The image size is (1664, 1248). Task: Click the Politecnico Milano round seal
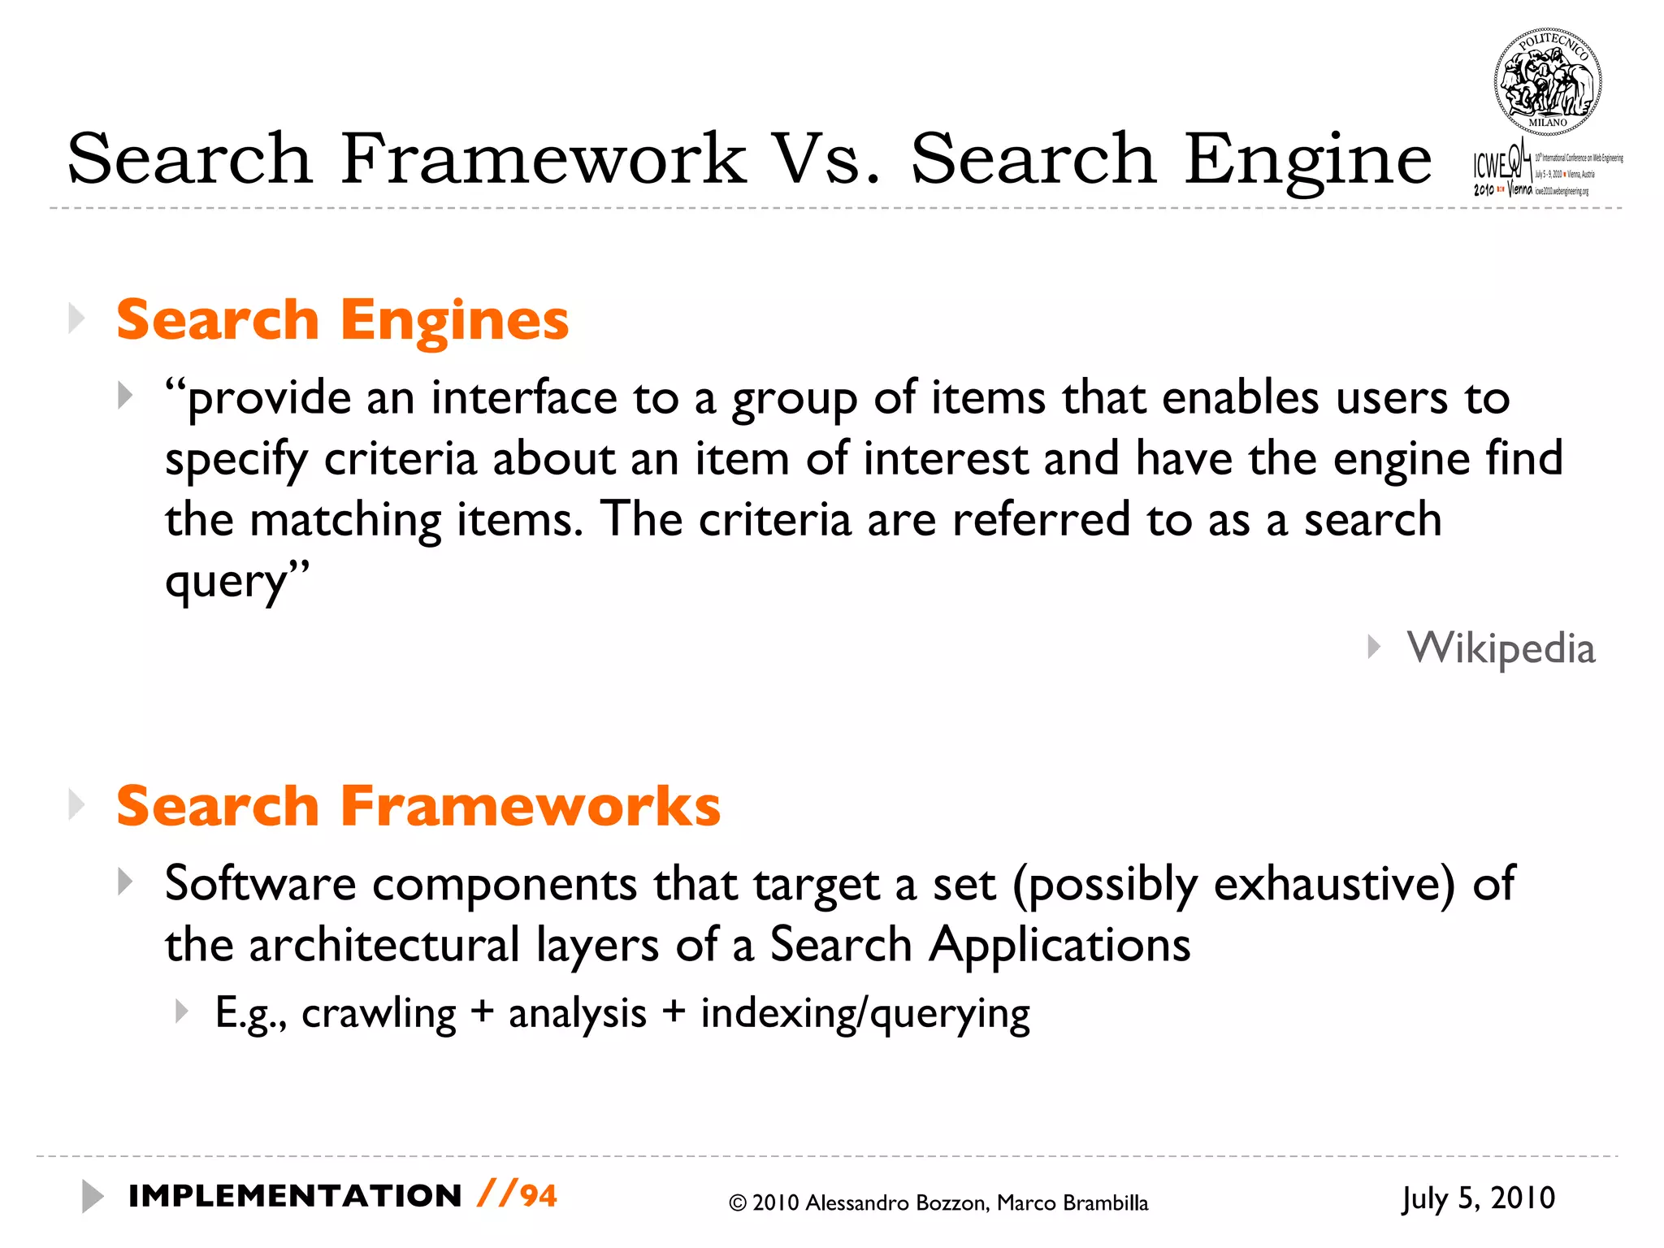point(1548,82)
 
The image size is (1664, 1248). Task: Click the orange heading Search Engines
point(342,320)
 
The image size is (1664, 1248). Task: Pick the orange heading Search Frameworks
point(418,806)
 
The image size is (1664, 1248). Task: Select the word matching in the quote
point(345,520)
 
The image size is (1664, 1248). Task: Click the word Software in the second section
point(260,883)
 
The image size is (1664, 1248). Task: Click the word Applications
point(1059,945)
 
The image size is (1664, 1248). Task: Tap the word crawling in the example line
point(379,1014)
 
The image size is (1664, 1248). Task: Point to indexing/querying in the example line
point(865,1014)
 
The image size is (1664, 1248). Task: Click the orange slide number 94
point(539,1196)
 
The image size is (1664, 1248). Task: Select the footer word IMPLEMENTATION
point(296,1196)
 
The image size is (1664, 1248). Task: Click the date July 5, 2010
point(1479,1198)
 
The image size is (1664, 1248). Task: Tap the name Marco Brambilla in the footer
point(1072,1203)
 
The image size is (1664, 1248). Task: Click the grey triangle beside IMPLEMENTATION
point(92,1196)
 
